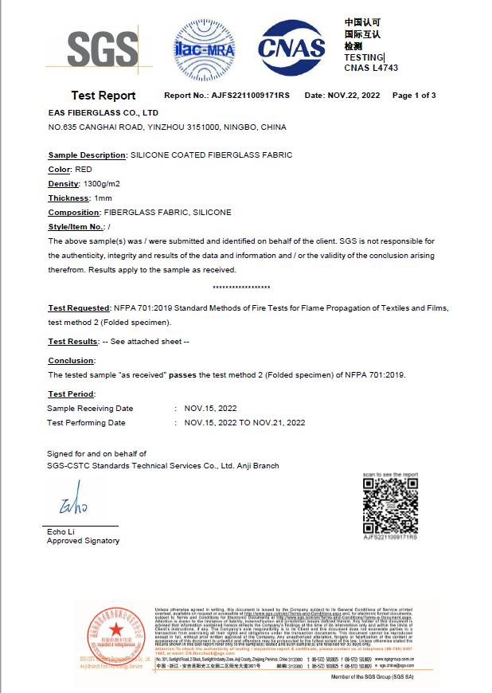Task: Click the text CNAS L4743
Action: coord(371,69)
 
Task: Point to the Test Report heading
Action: coord(103,96)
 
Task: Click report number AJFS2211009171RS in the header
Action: coord(250,96)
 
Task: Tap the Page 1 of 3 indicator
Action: coord(414,96)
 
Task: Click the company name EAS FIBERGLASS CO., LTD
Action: coord(103,113)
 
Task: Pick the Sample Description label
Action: coord(87,155)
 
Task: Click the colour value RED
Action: coord(84,170)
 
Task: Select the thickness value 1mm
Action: coord(103,198)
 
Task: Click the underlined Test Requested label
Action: coord(79,308)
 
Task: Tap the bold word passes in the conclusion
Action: coord(210,374)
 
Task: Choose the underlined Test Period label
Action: coord(72,394)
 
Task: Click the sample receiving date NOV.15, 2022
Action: coord(210,409)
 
